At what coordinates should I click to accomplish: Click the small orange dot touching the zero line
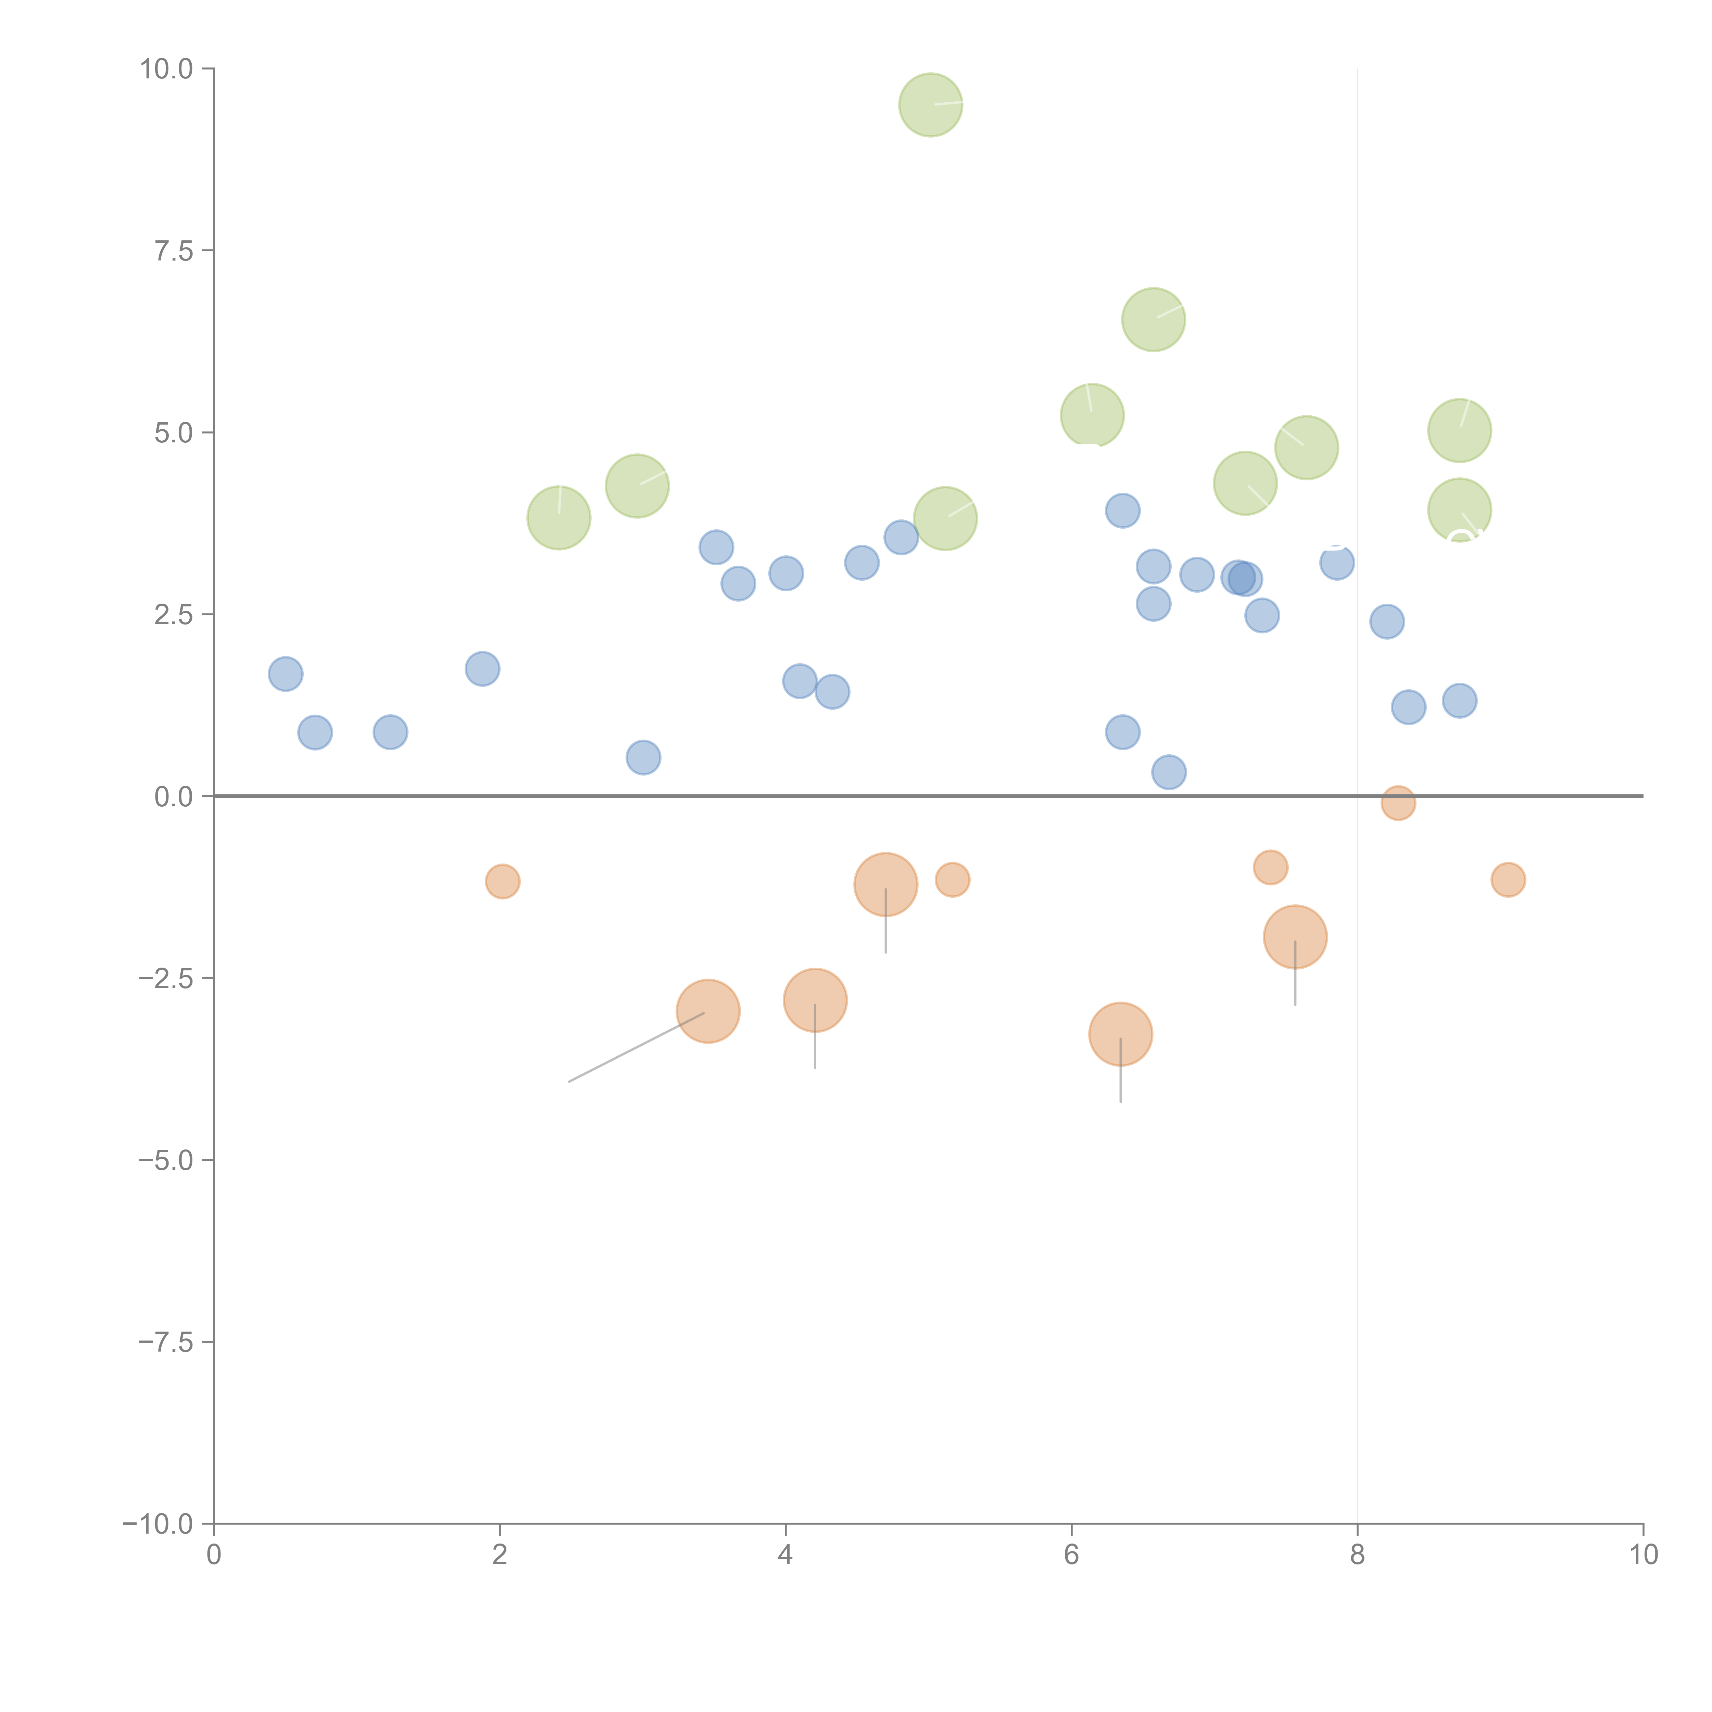[x=1397, y=803]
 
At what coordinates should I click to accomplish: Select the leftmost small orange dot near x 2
[x=502, y=881]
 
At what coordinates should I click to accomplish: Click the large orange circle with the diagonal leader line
[x=708, y=1011]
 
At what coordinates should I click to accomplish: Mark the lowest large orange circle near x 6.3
[x=1120, y=1034]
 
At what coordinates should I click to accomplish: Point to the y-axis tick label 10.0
[x=167, y=69]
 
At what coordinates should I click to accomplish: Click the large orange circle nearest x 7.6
[x=1295, y=937]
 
